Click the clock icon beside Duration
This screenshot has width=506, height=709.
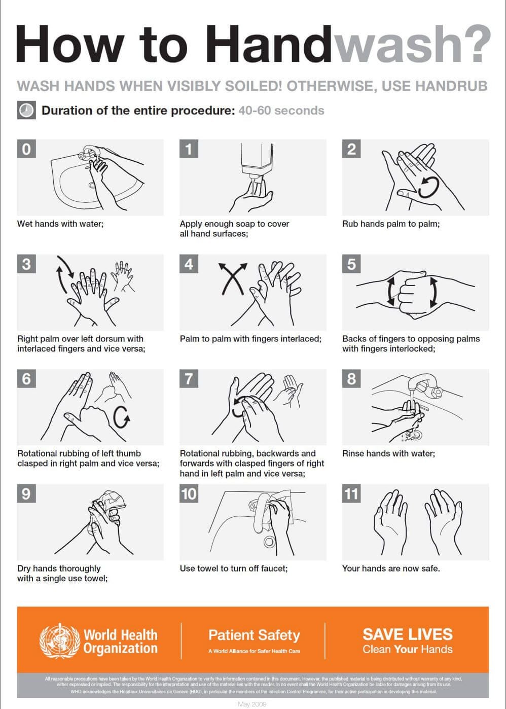point(26,110)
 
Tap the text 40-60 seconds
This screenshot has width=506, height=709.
point(281,111)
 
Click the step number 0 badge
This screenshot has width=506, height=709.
point(26,149)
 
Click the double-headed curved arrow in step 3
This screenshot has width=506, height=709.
point(63,274)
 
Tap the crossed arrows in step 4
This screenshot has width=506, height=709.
point(232,278)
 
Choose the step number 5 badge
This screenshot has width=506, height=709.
point(351,264)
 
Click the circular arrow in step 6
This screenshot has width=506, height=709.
point(122,416)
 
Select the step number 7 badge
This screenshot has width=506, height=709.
point(189,379)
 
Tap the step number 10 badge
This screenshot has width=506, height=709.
point(189,494)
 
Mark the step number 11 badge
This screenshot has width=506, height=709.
point(351,494)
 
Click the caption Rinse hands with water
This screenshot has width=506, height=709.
point(388,453)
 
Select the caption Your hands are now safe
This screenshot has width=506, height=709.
point(391,569)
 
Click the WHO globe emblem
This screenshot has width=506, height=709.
point(60,641)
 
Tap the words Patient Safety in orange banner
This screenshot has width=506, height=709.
point(254,635)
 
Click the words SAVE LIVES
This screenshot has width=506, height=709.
point(408,634)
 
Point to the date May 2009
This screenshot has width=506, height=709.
point(252,704)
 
